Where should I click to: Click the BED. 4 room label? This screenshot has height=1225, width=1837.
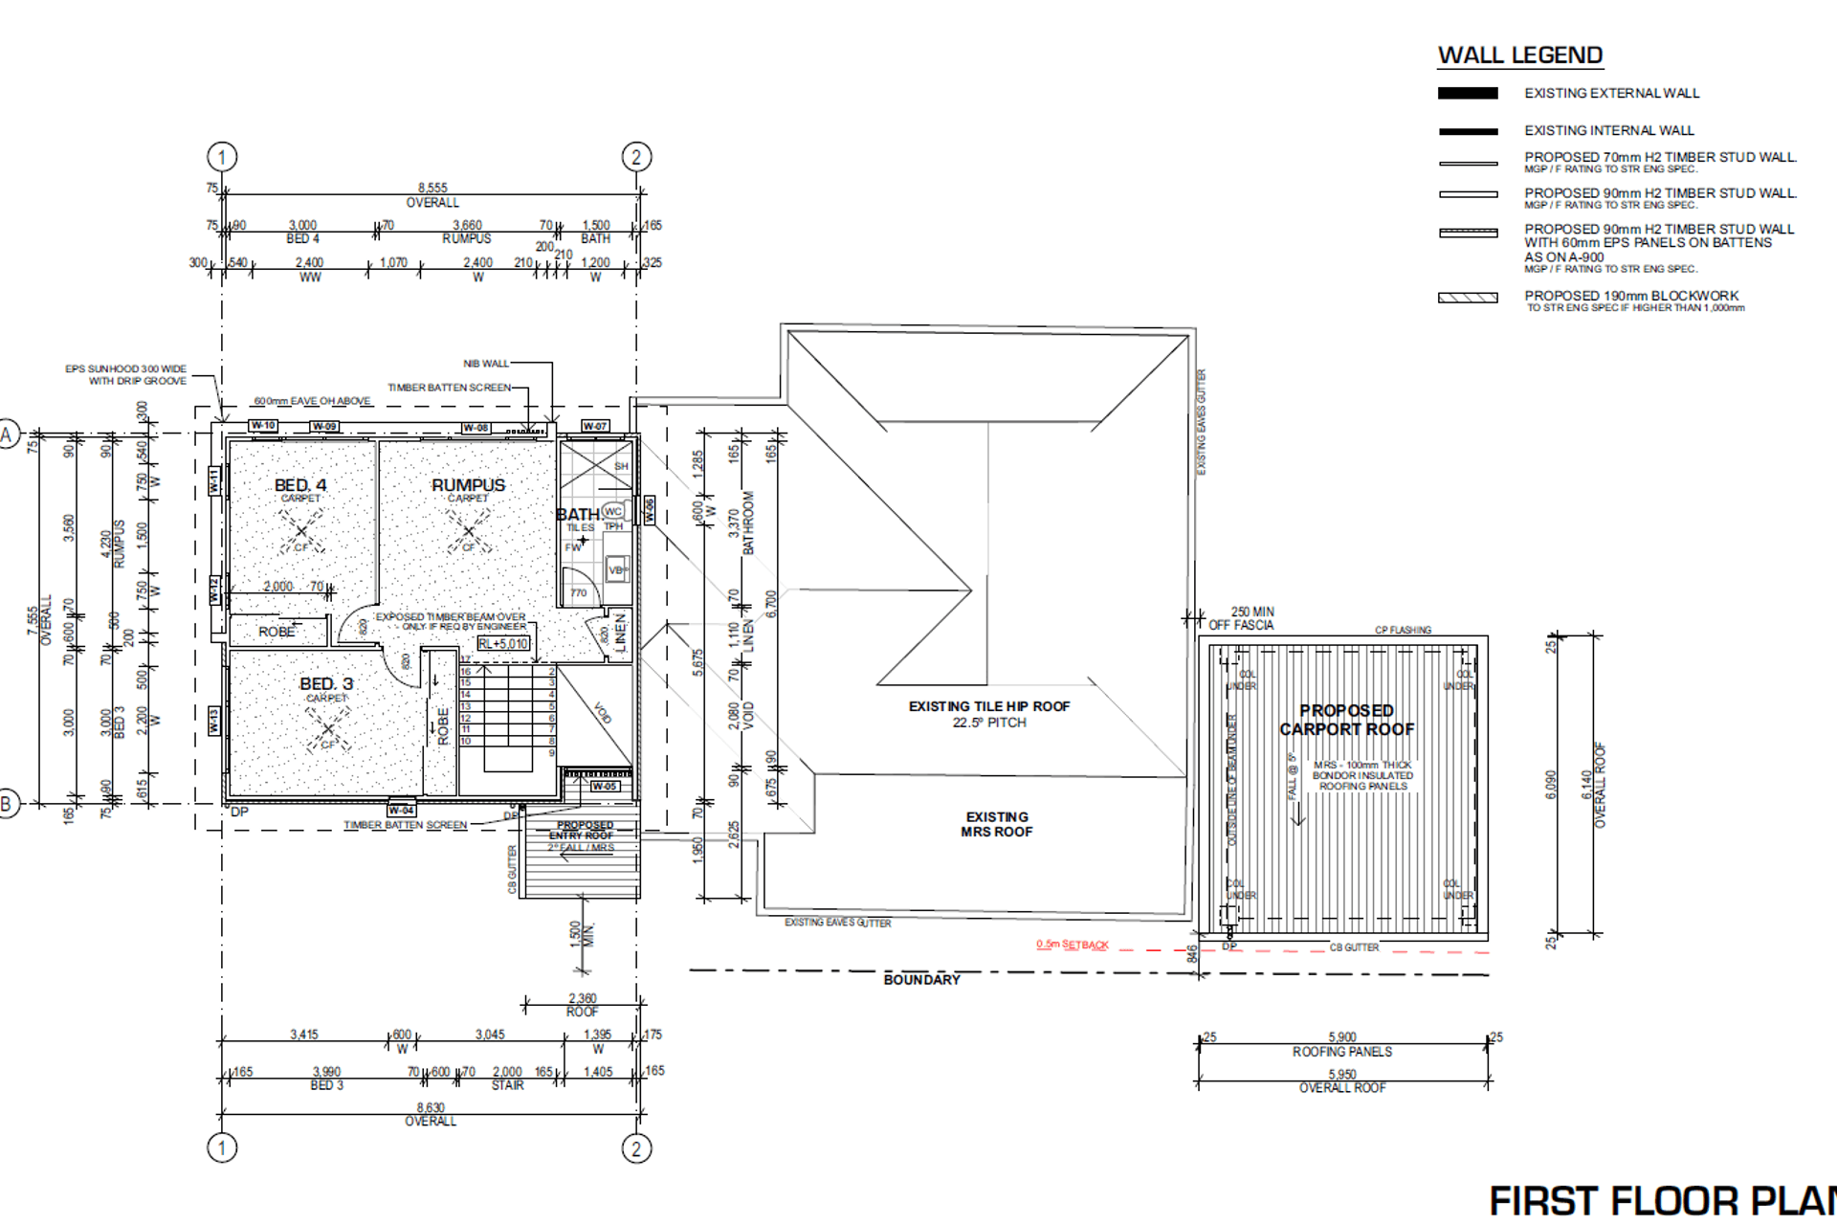pyautogui.click(x=300, y=485)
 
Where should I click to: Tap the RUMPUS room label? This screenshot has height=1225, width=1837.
pyautogui.click(x=468, y=485)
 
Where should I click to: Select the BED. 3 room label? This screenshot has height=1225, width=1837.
pyautogui.click(x=326, y=683)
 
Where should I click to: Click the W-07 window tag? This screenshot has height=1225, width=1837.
pyautogui.click(x=595, y=426)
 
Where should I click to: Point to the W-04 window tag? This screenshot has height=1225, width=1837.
pyautogui.click(x=401, y=810)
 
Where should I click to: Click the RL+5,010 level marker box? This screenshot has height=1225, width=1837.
pyautogui.click(x=503, y=644)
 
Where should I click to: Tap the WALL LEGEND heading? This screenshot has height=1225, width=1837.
pyautogui.click(x=1519, y=56)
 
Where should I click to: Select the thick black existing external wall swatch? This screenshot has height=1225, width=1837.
pyautogui.click(x=1468, y=93)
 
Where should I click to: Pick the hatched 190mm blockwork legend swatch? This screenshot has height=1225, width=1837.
pyautogui.click(x=1468, y=298)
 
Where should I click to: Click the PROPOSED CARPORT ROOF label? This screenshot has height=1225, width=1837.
pyautogui.click(x=1346, y=720)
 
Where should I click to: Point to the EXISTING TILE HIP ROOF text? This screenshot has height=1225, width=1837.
pyautogui.click(x=988, y=706)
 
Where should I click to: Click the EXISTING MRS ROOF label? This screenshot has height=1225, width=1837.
pyautogui.click(x=996, y=824)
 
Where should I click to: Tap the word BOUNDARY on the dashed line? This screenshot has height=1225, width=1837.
pyautogui.click(x=921, y=979)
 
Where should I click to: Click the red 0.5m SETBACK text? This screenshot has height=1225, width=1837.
pyautogui.click(x=1072, y=945)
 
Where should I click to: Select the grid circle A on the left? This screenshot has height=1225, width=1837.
pyautogui.click(x=7, y=435)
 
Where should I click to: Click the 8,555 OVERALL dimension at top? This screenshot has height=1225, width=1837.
pyautogui.click(x=432, y=194)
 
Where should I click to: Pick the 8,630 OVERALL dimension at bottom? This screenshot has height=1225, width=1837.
pyautogui.click(x=431, y=1114)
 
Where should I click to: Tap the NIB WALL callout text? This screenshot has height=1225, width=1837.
pyautogui.click(x=486, y=364)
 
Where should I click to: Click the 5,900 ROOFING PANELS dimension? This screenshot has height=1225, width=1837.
pyautogui.click(x=1342, y=1043)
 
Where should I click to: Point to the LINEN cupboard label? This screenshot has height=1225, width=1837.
pyautogui.click(x=620, y=632)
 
